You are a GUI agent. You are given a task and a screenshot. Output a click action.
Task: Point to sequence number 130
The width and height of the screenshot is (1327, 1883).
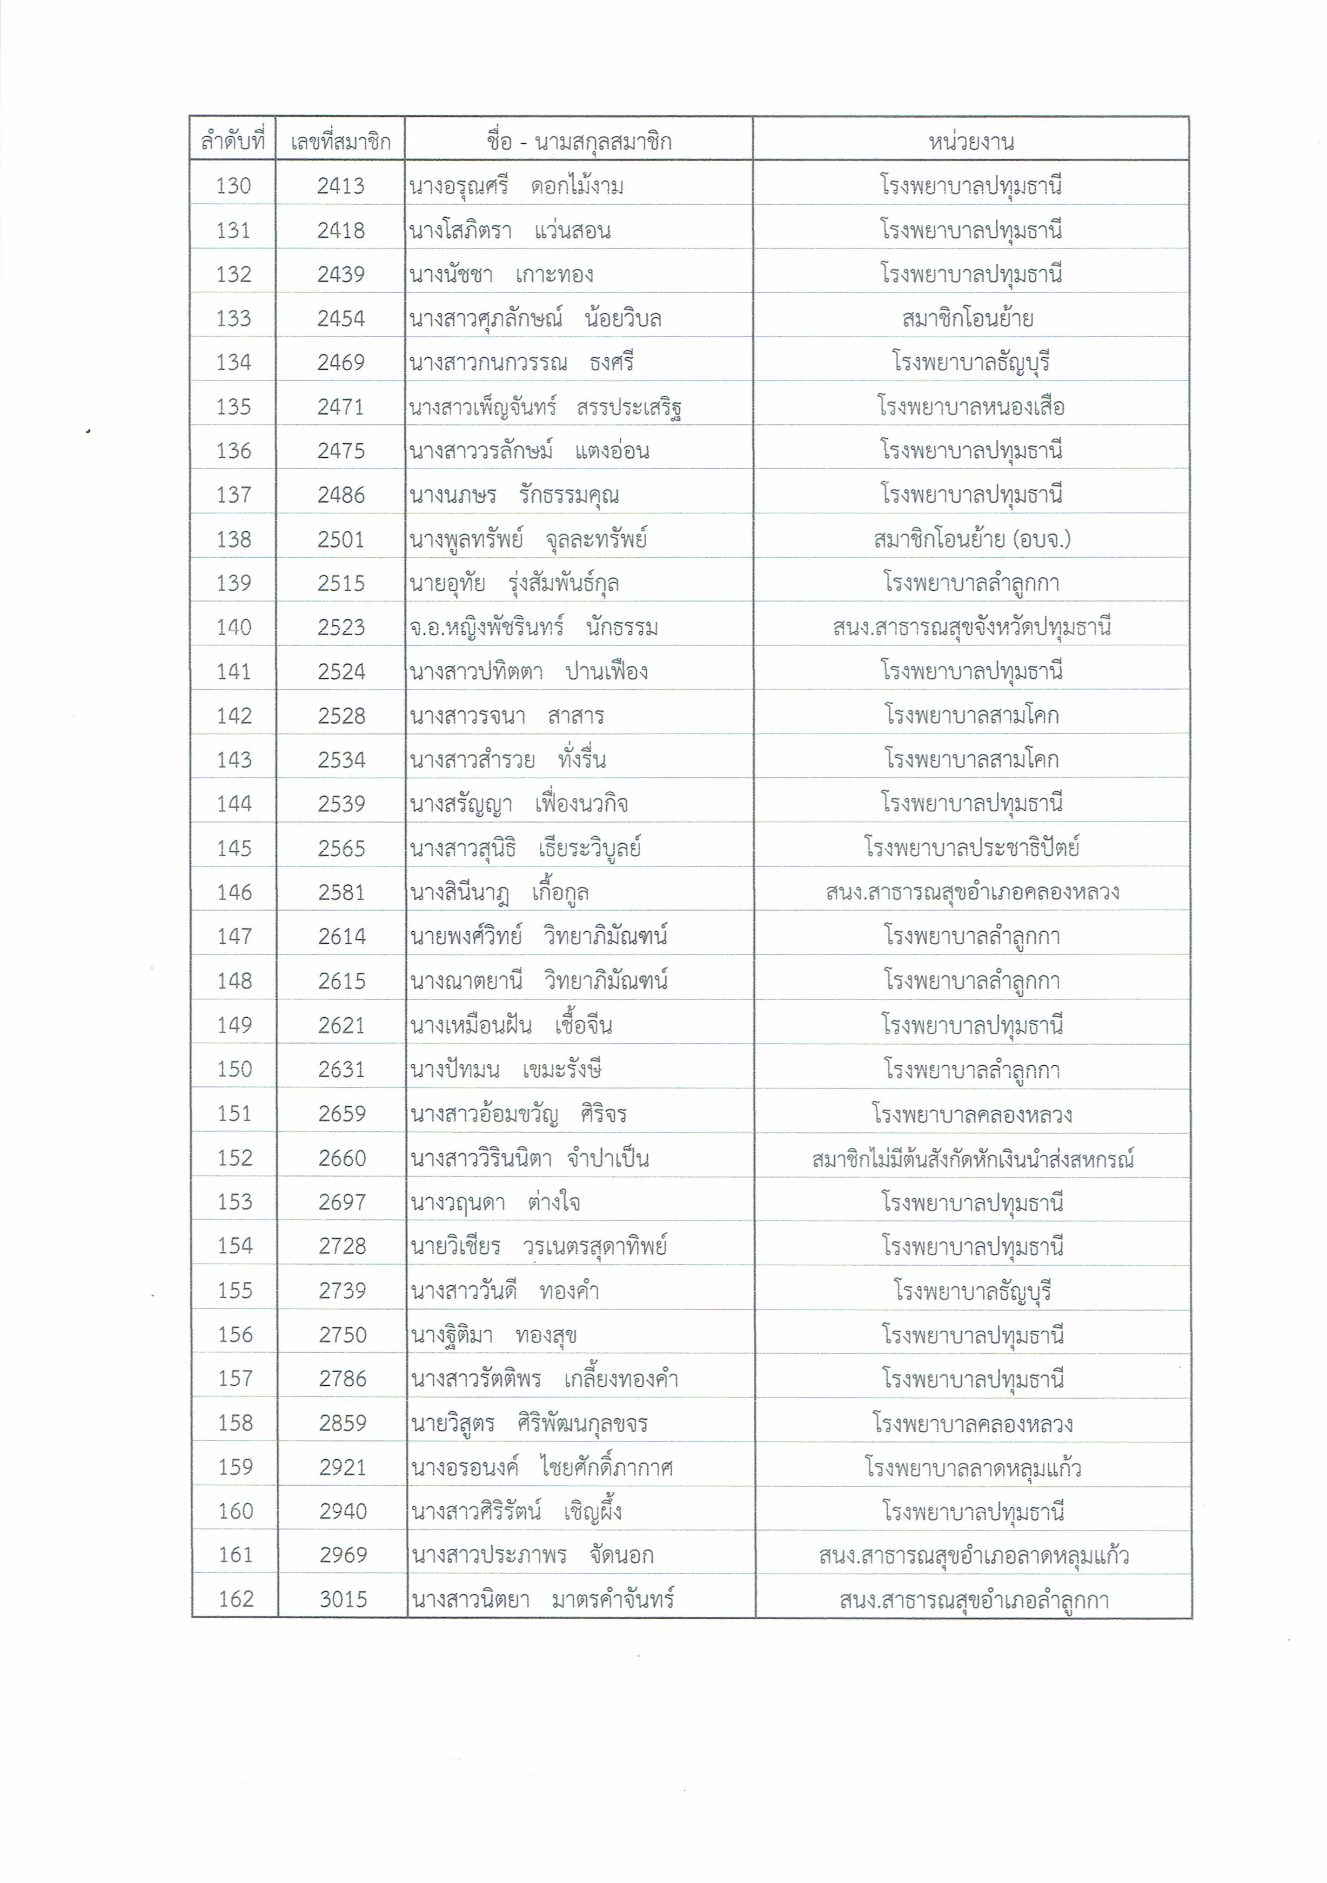233,186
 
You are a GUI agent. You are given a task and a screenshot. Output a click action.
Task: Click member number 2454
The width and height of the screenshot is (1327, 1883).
341,318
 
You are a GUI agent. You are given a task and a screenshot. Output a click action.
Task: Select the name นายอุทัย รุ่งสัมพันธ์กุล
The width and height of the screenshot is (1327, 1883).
514,583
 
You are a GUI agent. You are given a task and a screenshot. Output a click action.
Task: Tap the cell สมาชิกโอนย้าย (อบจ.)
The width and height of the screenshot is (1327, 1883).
971,539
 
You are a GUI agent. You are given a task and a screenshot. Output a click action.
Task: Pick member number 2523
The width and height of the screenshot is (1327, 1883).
341,627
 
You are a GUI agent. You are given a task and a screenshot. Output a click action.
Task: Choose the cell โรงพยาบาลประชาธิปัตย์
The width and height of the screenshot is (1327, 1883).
971,848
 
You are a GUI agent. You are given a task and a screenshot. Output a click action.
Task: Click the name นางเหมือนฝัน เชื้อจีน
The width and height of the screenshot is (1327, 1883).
512,1025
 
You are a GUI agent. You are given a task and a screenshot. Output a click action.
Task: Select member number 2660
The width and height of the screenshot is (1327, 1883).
342,1158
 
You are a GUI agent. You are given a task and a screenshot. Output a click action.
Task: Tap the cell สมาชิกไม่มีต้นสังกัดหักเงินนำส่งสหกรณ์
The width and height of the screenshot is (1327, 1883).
972,1159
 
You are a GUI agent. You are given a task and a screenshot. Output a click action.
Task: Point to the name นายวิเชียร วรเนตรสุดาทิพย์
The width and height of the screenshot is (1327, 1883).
539,1246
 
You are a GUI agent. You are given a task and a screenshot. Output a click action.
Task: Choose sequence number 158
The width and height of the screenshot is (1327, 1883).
235,1423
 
